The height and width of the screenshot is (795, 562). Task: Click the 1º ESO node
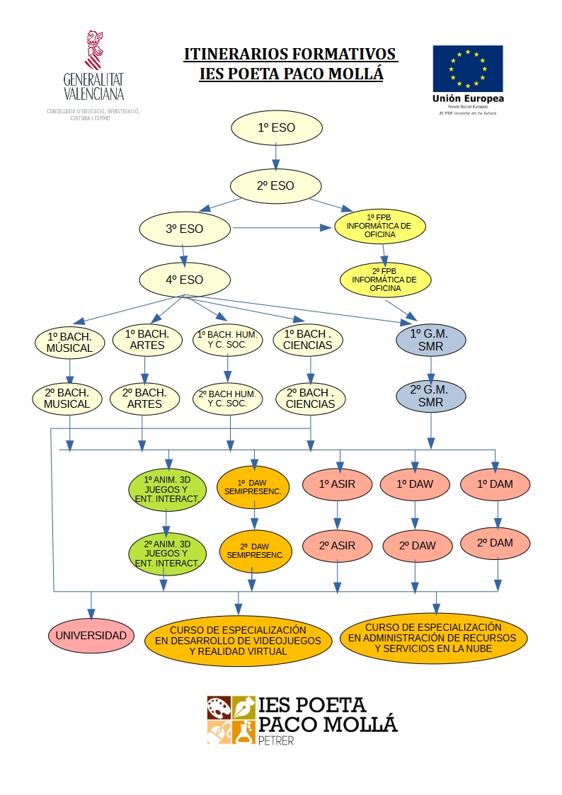277,128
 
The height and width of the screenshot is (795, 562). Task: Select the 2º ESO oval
275,186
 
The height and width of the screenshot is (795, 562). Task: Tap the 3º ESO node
184,229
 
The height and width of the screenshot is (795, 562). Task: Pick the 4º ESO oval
184,280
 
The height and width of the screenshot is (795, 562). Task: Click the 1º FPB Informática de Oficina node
381,226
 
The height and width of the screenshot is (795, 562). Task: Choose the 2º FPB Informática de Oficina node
386,280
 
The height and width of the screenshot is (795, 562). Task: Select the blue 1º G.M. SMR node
431,340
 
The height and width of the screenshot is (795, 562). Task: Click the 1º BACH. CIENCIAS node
309,340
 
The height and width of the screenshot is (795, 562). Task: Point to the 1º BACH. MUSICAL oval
69,342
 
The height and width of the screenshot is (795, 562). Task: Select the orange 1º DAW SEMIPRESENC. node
253,486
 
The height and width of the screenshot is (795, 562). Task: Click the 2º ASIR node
337,546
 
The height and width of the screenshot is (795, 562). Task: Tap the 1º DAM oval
495,484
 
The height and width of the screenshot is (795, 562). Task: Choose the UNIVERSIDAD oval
91,636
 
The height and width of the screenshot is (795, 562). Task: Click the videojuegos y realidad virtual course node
238,641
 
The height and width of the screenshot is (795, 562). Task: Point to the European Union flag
468,68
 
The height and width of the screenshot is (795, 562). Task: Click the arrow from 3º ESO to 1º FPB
283,228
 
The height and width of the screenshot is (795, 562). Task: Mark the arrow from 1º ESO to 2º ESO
276,157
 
